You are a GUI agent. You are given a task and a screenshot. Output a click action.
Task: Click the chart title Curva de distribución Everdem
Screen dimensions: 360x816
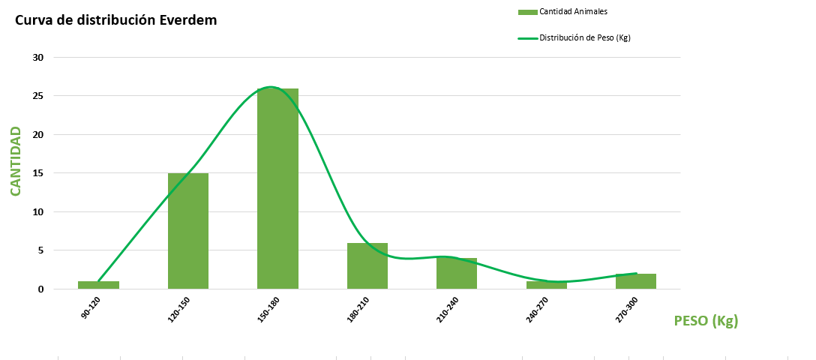[116, 20]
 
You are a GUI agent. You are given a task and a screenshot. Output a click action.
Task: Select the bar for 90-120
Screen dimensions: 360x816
[98, 285]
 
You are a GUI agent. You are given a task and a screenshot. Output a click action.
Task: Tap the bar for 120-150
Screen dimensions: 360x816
[188, 231]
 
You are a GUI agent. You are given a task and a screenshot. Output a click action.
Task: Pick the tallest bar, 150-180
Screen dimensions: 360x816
[277, 189]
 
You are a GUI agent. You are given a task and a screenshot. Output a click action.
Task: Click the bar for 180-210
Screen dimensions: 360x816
[367, 265]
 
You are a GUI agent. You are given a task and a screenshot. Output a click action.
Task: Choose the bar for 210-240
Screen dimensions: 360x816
[457, 274]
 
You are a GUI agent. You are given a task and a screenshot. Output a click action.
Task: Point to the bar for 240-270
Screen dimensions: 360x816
[546, 285]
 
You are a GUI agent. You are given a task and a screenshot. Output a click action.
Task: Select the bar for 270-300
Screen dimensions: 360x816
[636, 281]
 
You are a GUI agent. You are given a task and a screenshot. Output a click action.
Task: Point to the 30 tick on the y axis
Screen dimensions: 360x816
[38, 58]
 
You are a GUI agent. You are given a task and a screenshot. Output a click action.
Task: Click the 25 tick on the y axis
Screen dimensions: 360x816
[38, 96]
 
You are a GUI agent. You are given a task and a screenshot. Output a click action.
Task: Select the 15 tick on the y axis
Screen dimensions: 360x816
[38, 173]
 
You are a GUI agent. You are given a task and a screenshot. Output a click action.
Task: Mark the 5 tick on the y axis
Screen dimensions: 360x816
[41, 250]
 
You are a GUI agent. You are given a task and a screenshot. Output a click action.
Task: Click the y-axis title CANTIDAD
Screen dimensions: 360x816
[15, 161]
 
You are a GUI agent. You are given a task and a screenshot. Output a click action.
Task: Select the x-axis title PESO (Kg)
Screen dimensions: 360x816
[706, 321]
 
